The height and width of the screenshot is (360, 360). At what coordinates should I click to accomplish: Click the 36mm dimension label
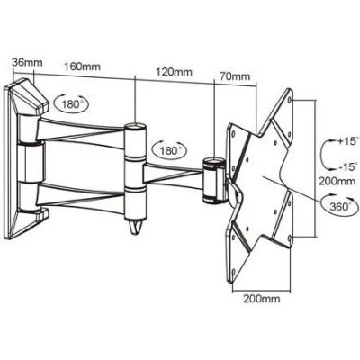pyautogui.click(x=27, y=62)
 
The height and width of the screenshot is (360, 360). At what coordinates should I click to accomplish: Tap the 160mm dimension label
pyautogui.click(x=82, y=67)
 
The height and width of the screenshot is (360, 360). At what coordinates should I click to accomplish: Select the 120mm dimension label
pyautogui.click(x=174, y=72)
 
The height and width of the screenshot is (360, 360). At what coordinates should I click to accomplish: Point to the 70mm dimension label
pyautogui.click(x=235, y=76)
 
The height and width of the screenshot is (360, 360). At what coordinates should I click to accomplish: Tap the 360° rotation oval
pyautogui.click(x=339, y=205)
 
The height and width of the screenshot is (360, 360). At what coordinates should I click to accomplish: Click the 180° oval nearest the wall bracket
pyautogui.click(x=72, y=103)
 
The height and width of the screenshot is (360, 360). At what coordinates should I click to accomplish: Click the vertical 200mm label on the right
pyautogui.click(x=337, y=181)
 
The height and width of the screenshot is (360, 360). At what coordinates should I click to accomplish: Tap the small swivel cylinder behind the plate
pyautogui.click(x=213, y=181)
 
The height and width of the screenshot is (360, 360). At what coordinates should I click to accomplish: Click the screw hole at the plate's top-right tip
pyautogui.click(x=289, y=99)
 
